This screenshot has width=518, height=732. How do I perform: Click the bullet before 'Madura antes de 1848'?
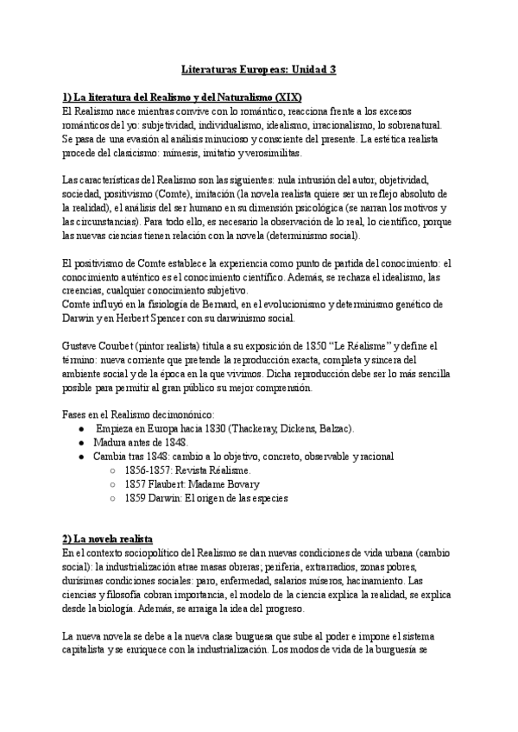(x=81, y=443)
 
